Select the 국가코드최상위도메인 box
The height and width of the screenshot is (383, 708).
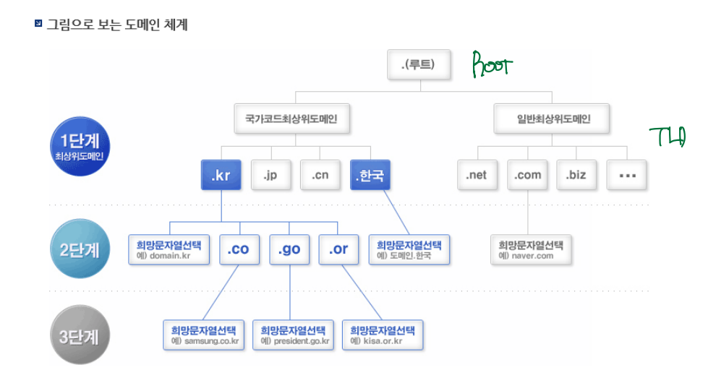point(292,119)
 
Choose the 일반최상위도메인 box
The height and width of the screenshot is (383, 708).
point(553,119)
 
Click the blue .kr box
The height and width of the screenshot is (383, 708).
point(221,176)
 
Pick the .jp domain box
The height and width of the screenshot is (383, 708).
point(271,176)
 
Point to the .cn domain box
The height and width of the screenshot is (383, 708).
point(320,176)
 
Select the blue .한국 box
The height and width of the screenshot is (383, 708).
point(370,176)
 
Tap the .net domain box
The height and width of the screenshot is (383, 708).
point(477,176)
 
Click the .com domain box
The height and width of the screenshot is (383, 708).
point(528,176)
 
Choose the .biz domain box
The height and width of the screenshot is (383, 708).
point(577,176)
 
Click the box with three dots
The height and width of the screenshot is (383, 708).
point(626,176)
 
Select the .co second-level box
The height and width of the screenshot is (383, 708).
point(238,250)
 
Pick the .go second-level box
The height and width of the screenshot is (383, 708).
point(289,250)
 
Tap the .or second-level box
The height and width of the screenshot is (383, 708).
point(338,250)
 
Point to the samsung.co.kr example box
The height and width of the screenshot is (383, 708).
point(205,335)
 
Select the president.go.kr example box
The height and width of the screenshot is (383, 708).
point(294,335)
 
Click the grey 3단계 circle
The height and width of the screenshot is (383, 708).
point(80,336)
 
